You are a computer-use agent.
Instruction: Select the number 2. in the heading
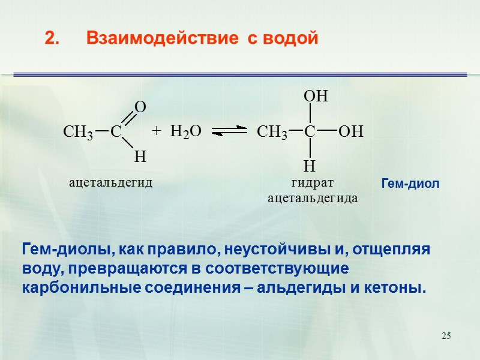point(52,39)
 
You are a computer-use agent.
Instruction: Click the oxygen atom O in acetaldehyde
point(140,107)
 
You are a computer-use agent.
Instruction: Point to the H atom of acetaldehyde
point(140,157)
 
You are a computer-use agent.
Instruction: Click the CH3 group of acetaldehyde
point(78,132)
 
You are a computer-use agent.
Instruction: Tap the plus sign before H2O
point(157,130)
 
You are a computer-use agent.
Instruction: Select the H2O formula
point(185,131)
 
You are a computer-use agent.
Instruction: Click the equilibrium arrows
point(230,131)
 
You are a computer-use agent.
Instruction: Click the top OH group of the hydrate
point(316,97)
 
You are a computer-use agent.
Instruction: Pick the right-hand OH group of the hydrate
point(351,131)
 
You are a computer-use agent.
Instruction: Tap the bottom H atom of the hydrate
point(310,166)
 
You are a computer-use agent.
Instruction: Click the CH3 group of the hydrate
point(272,132)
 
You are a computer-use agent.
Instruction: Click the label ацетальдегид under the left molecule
point(111,182)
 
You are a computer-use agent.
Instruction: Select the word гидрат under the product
point(311,182)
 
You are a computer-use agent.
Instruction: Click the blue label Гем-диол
point(410,184)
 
